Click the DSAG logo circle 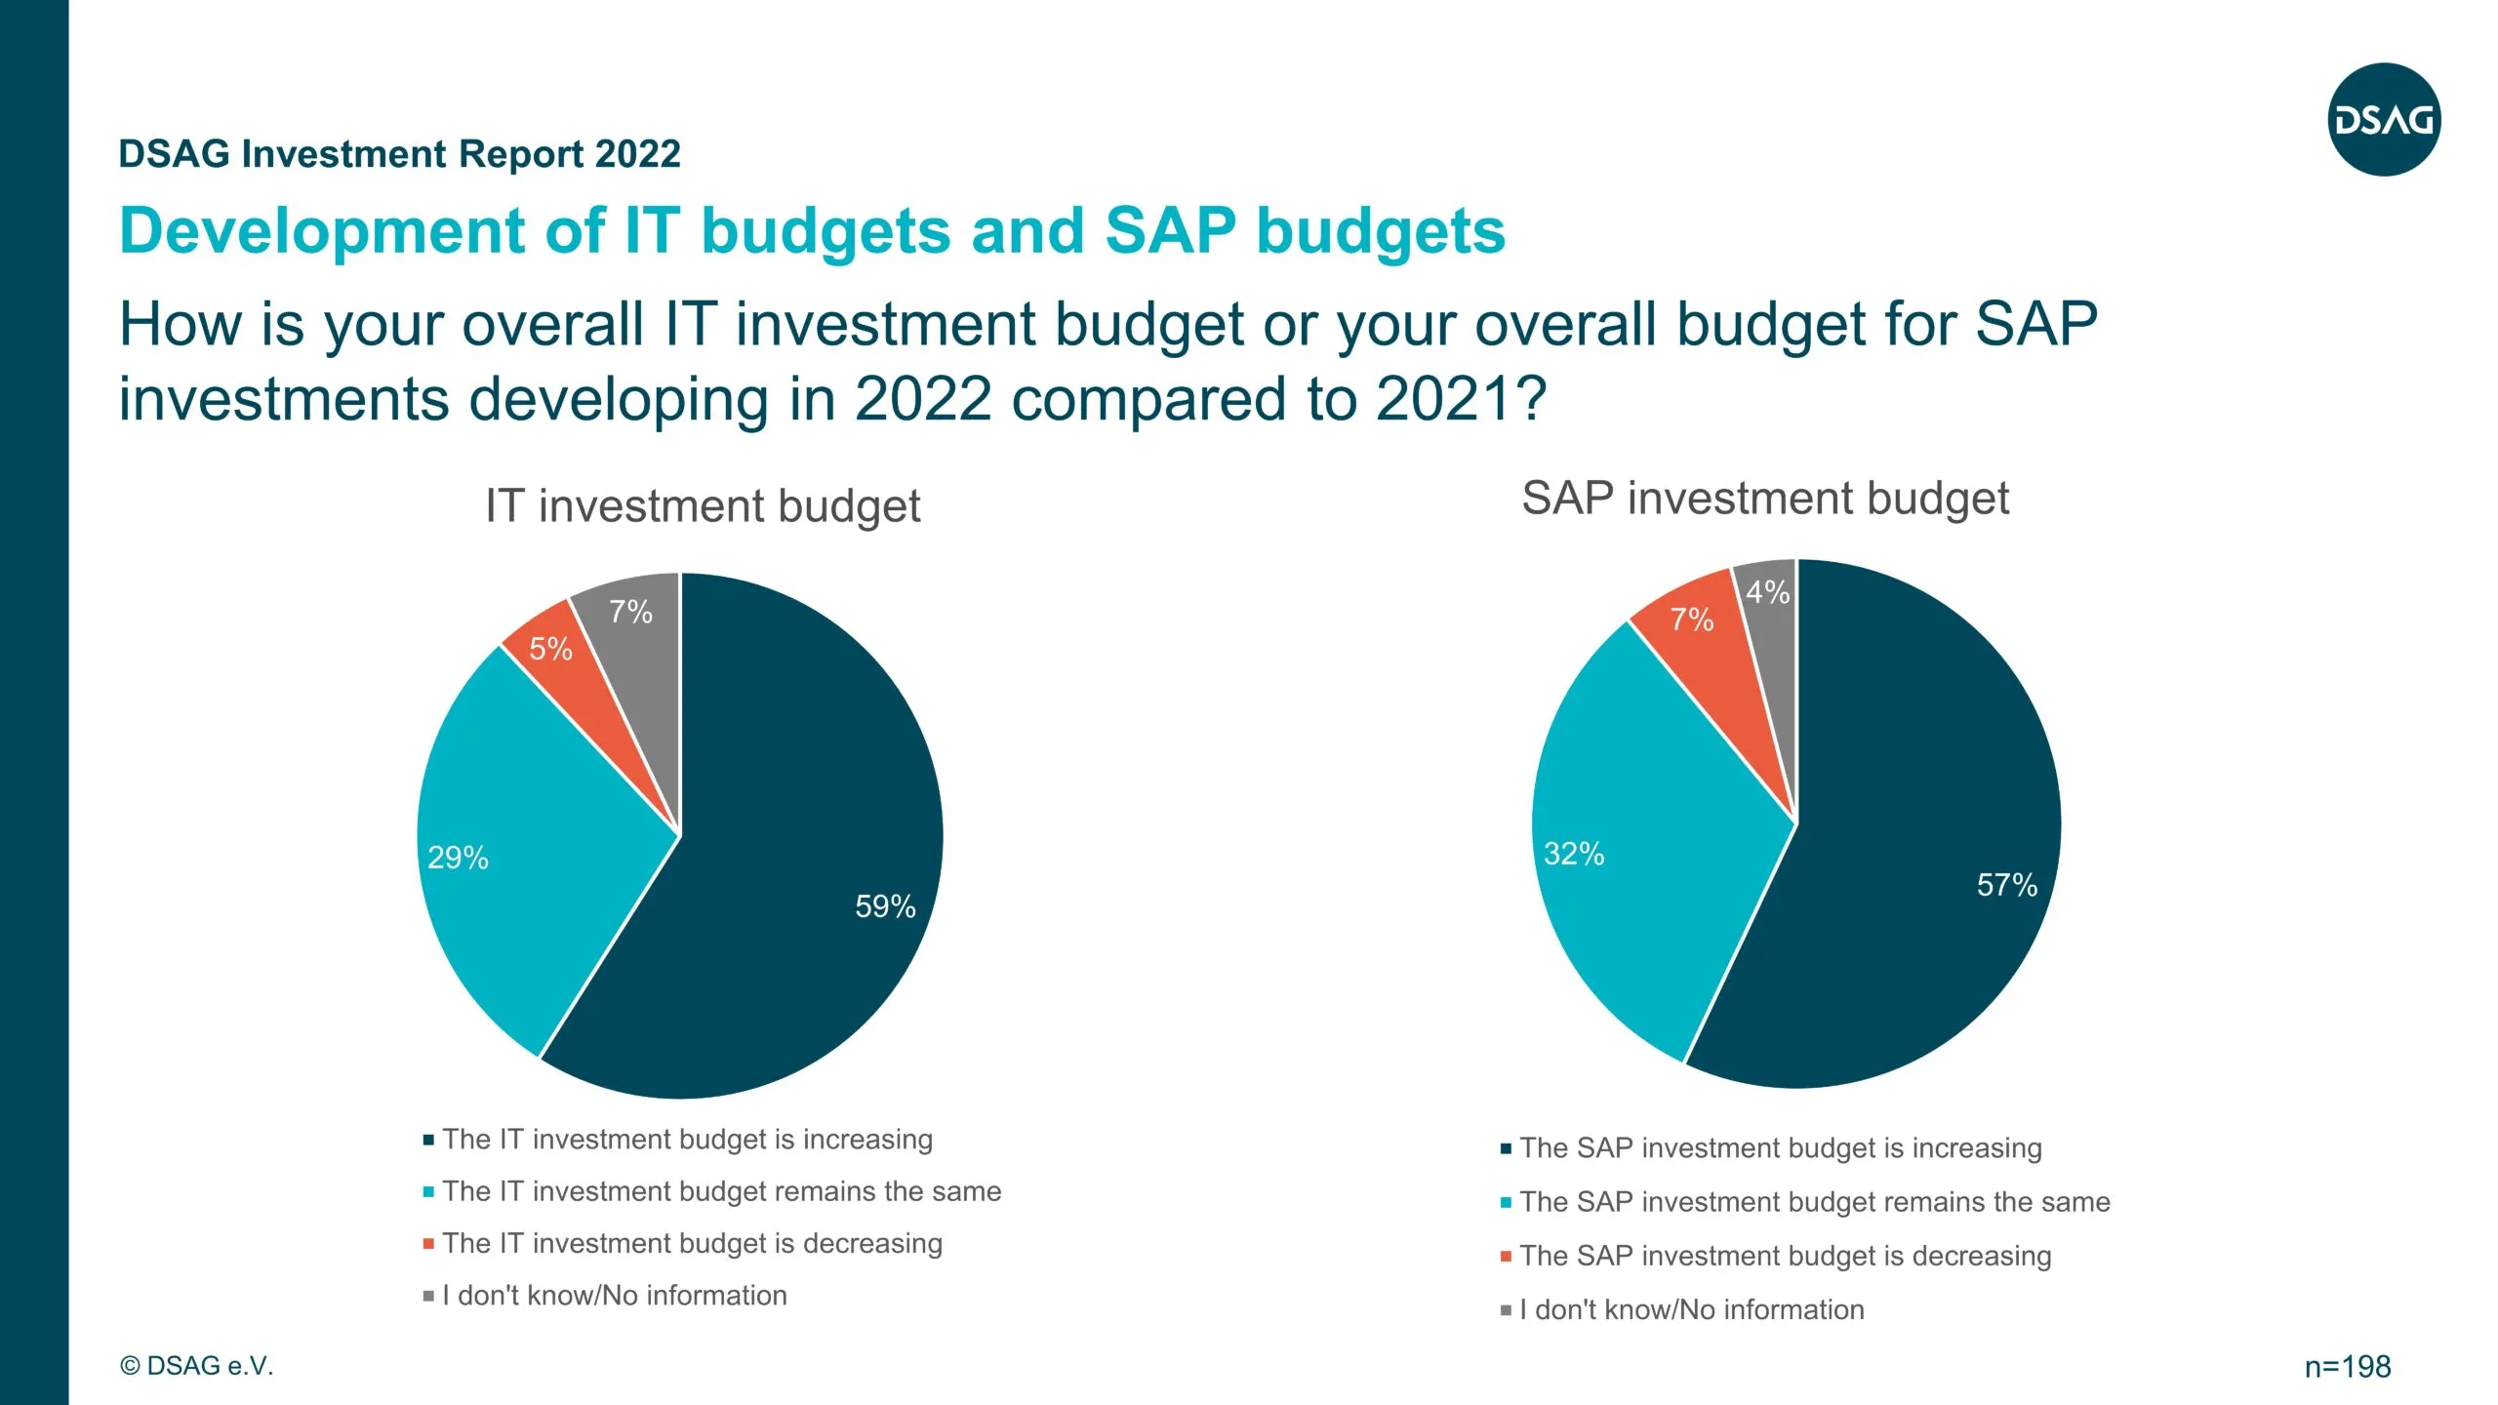2384,120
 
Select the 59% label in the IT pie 885,906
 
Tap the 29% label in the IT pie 458,858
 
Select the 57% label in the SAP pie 2006,885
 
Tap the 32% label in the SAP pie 1573,854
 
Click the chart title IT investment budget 703,506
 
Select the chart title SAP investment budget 1764,499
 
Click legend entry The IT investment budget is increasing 687,1140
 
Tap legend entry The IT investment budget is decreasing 692,1244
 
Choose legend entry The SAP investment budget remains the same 1814,1202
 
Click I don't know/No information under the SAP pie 1691,1309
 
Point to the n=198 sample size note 2347,1367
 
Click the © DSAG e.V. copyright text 196,1366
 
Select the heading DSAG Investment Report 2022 399,154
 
